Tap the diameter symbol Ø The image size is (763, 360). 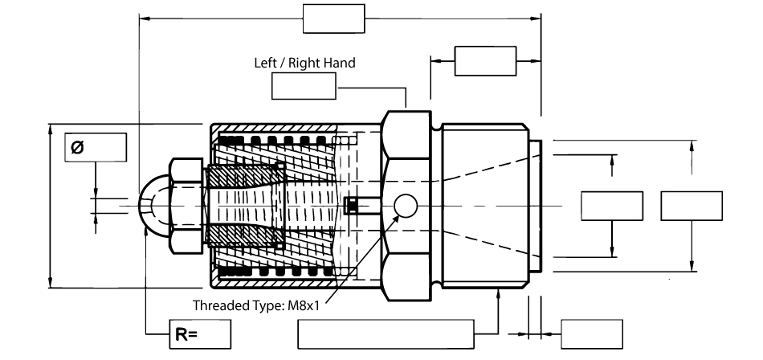point(77,147)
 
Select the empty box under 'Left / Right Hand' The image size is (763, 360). point(304,86)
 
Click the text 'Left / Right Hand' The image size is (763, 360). point(304,62)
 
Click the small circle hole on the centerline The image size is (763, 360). point(406,207)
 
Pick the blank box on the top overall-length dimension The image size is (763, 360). point(333,18)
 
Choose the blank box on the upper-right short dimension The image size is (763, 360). point(485,61)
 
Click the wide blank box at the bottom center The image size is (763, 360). point(386,333)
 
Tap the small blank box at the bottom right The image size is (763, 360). point(591,333)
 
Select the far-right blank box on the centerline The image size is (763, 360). point(692,206)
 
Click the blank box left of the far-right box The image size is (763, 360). point(611,206)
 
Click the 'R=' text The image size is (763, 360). point(183,334)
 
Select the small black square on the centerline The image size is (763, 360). point(350,207)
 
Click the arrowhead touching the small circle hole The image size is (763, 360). point(395,216)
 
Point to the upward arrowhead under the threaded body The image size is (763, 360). point(499,293)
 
